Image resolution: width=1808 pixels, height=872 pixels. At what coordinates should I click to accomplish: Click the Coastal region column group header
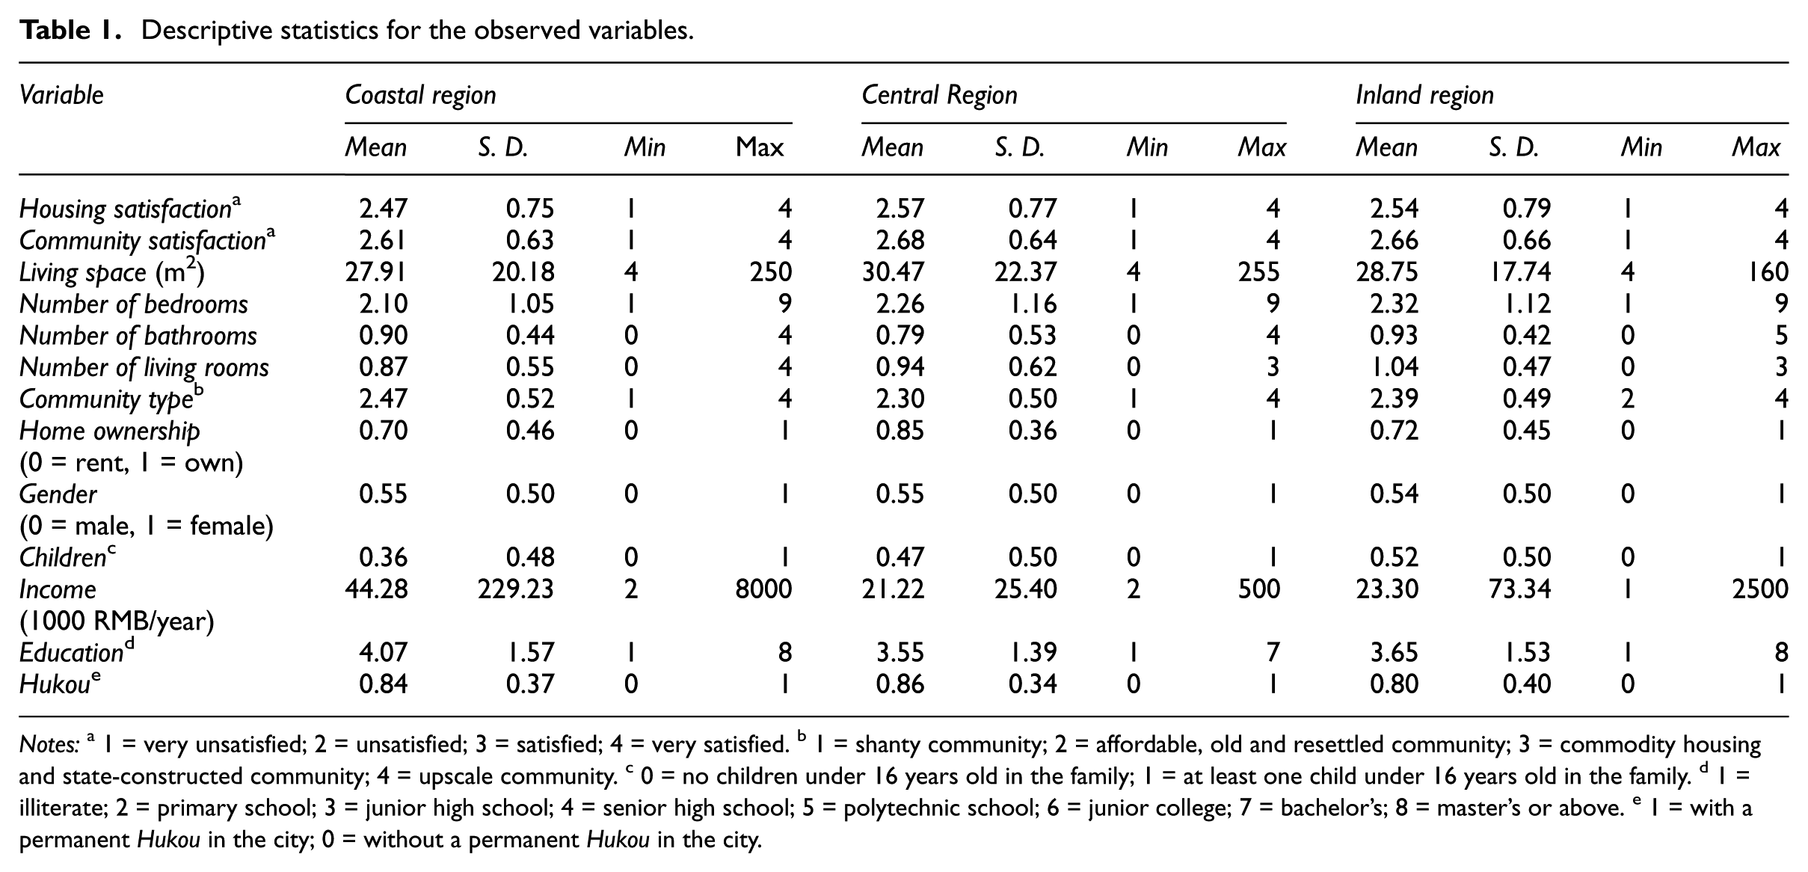click(420, 96)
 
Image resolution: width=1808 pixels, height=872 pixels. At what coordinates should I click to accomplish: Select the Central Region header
click(939, 96)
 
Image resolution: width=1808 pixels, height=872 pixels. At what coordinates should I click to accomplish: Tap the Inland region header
click(1424, 96)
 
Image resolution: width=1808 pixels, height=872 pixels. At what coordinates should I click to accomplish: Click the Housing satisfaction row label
click(130, 208)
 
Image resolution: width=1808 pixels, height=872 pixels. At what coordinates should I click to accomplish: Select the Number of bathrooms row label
click(138, 336)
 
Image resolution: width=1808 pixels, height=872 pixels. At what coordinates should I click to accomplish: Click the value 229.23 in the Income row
click(516, 589)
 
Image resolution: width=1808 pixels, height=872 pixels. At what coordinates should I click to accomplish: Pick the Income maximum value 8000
click(763, 589)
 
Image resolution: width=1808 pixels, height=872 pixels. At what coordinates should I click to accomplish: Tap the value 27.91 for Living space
click(376, 272)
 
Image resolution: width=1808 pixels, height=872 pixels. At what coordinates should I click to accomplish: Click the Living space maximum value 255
click(1258, 272)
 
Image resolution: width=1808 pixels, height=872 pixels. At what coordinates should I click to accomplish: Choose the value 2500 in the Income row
click(1760, 589)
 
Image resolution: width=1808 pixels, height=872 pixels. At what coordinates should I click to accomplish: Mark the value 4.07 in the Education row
click(384, 653)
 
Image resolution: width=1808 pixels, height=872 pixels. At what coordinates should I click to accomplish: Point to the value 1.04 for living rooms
click(1395, 367)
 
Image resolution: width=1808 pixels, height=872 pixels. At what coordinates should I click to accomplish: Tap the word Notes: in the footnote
click(49, 745)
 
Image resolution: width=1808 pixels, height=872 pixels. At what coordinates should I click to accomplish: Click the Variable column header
click(61, 96)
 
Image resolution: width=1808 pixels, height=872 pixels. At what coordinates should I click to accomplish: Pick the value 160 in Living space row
click(1768, 272)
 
